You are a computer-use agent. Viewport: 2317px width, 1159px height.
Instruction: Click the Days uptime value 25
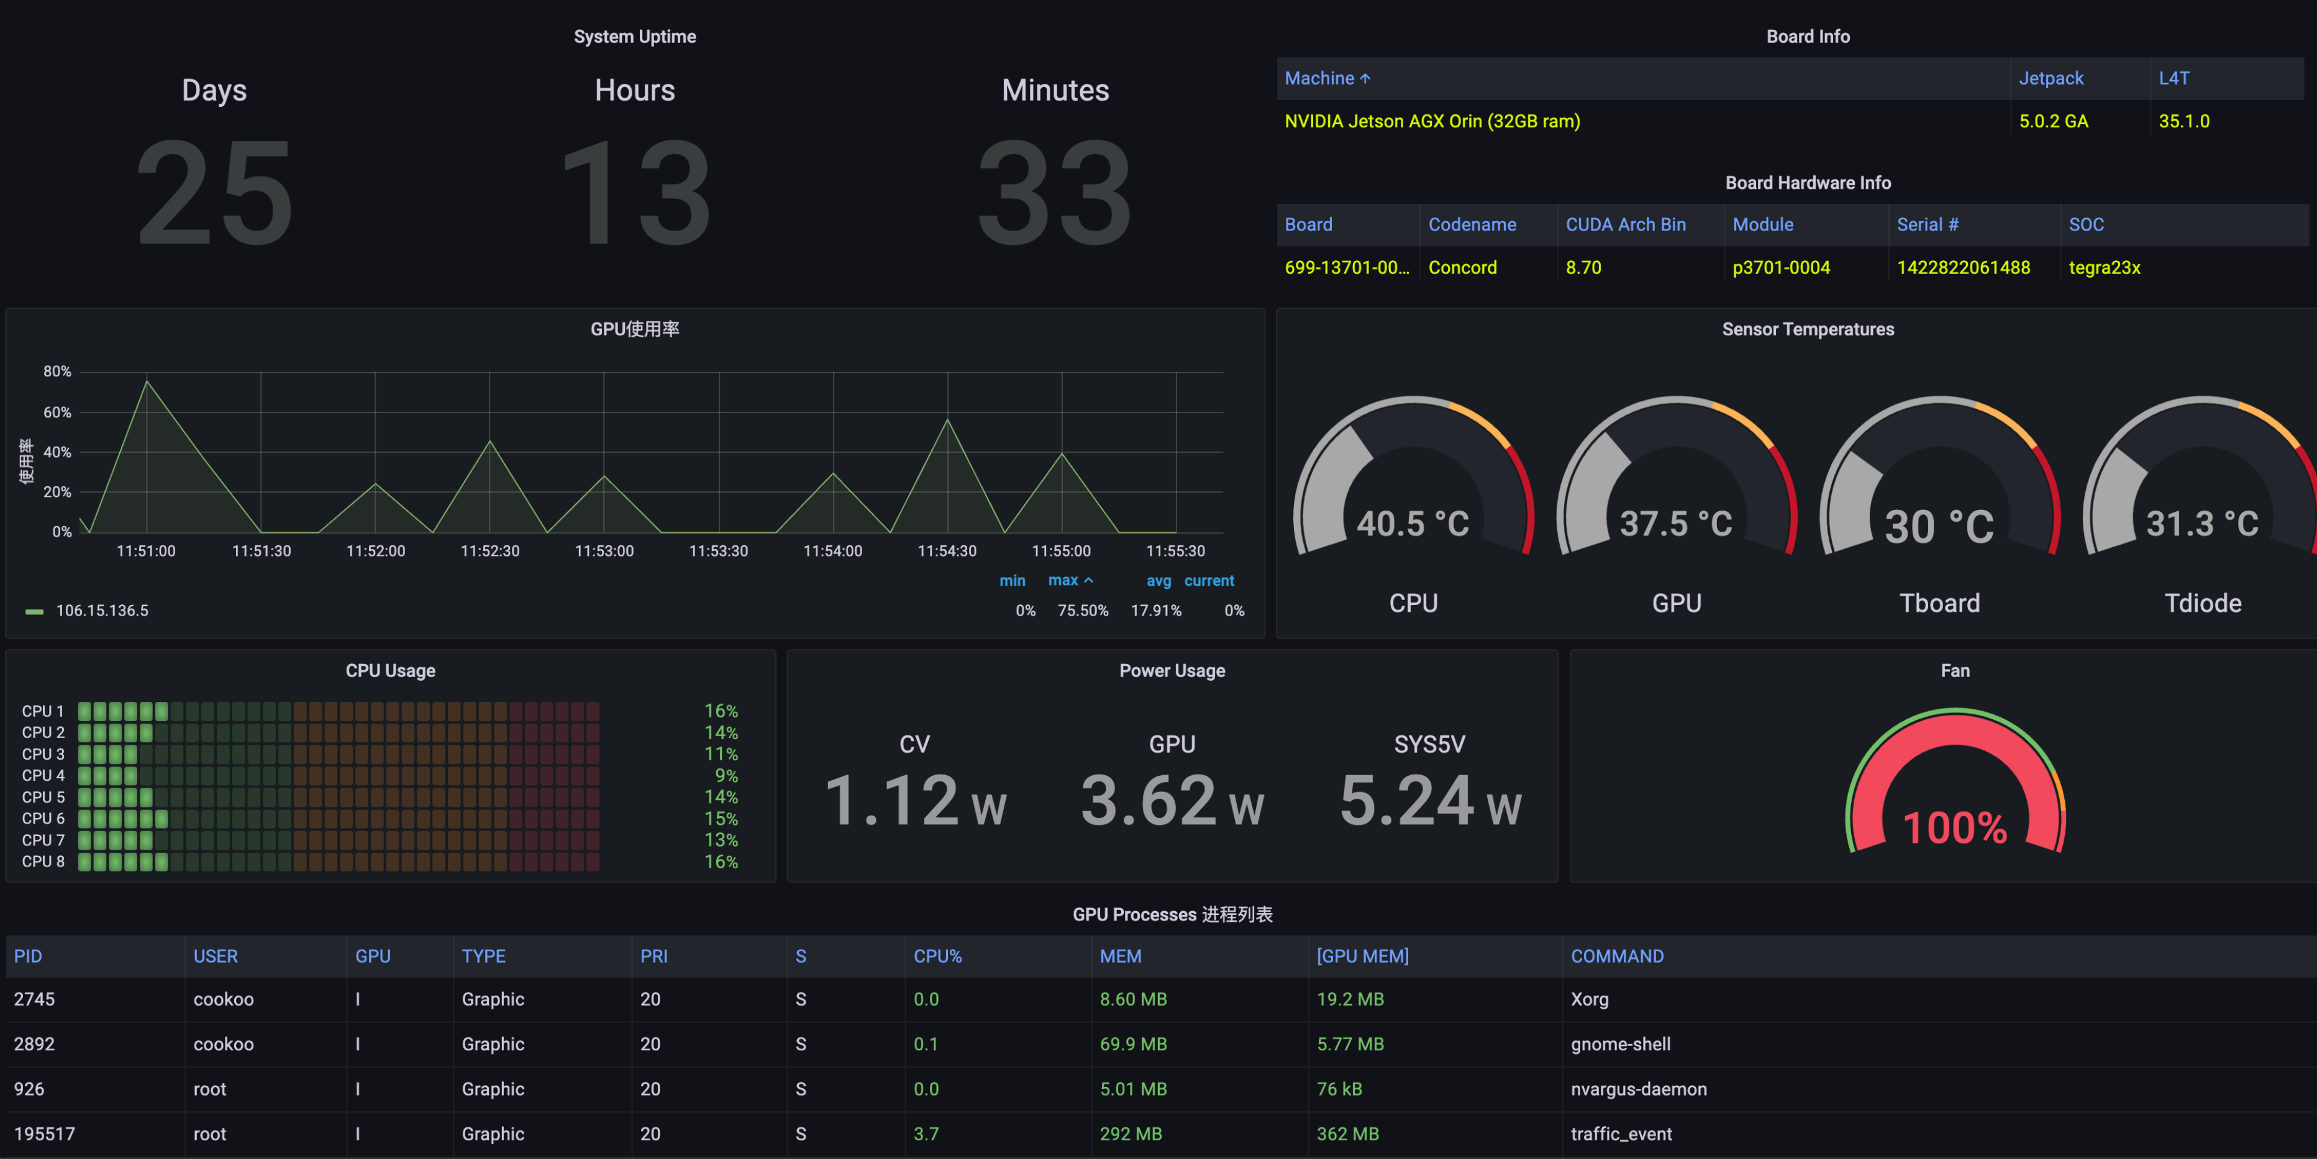coord(214,193)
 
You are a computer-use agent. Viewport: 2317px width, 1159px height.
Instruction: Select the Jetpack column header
coord(2050,78)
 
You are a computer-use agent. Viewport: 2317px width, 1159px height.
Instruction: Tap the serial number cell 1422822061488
coord(1962,267)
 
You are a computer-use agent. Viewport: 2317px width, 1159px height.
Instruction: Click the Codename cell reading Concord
coord(1462,267)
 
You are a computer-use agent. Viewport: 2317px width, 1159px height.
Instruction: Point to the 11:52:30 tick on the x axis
coord(489,550)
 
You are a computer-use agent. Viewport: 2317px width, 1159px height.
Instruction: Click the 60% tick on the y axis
coord(57,412)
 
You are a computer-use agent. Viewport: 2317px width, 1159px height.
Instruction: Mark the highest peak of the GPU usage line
coord(147,381)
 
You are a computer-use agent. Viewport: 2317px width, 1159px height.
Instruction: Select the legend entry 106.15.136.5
coord(102,611)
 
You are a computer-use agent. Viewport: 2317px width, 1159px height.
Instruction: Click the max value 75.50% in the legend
coord(1082,611)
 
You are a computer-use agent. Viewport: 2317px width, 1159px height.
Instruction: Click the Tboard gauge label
coord(1939,602)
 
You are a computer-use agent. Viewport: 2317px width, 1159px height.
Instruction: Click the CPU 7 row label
coord(43,840)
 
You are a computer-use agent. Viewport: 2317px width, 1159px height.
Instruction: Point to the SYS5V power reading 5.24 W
coord(1429,800)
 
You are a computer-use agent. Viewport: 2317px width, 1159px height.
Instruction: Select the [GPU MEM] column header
coord(1362,956)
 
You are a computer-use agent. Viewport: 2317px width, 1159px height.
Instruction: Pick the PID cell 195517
coord(44,1134)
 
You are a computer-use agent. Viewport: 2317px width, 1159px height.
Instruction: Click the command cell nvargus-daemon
coord(1638,1089)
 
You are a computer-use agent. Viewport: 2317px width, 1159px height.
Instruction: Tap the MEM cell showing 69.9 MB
coord(1132,1044)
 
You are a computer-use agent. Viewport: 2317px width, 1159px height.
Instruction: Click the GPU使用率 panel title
coord(634,329)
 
